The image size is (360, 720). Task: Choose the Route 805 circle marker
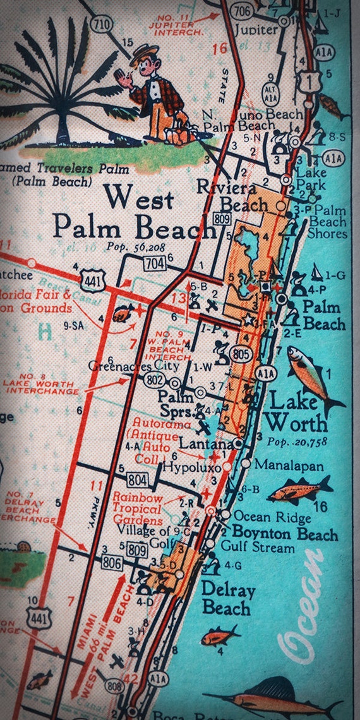click(x=239, y=354)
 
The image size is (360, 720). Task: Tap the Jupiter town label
click(x=256, y=29)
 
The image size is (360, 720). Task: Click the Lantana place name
click(x=202, y=443)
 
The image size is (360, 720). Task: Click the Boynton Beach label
click(x=284, y=534)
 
